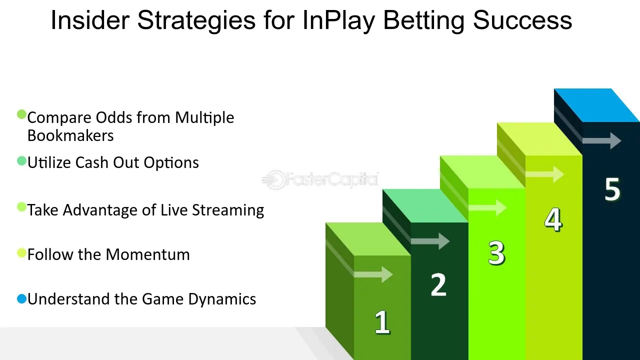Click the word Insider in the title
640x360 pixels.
pos(90,20)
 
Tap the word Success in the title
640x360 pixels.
pos(522,20)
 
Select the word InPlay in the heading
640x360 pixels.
pos(338,21)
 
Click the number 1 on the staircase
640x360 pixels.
pos(382,322)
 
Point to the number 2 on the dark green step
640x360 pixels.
pos(438,284)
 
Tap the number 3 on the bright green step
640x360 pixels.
pos(496,253)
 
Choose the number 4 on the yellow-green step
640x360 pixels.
pos(553,219)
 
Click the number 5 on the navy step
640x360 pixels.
pos(612,189)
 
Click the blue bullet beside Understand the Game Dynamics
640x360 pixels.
pos(21,299)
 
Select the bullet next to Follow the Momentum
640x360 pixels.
pos(21,253)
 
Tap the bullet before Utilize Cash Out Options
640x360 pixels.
pos(21,161)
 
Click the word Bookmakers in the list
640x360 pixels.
pos(70,135)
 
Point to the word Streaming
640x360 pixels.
pos(228,210)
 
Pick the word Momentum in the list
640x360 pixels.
pos(147,254)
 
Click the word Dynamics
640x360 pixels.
pos(222,299)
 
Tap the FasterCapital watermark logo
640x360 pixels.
pos(320,179)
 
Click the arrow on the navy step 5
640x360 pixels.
pos(601,140)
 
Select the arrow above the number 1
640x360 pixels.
pos(373,274)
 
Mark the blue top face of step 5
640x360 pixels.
pos(597,105)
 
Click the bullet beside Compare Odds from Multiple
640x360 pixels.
pos(21,114)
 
